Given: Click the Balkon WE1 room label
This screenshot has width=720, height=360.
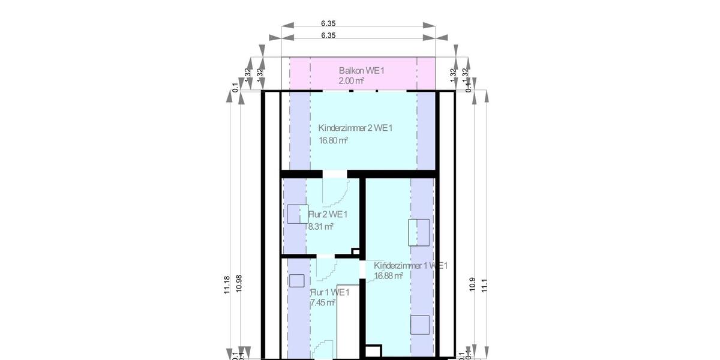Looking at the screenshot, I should point(361,71).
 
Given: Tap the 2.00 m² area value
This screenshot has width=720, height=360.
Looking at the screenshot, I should point(352,80).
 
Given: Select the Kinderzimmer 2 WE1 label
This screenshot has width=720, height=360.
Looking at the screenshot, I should point(355,128).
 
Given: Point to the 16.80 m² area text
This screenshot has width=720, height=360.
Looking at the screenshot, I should point(333,140).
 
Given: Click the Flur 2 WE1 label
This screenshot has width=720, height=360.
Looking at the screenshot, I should point(328,214).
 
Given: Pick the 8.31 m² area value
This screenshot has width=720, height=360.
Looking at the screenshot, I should point(320,227).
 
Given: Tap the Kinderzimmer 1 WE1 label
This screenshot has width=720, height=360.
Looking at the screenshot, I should point(410,265).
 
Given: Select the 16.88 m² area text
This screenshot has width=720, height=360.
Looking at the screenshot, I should point(388,276).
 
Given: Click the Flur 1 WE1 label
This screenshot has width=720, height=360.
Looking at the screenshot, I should point(329,292).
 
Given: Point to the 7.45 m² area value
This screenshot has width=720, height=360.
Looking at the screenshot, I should point(322,303).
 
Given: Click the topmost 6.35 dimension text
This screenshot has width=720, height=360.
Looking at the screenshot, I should point(328,23).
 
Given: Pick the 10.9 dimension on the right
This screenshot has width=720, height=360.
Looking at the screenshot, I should point(472,284).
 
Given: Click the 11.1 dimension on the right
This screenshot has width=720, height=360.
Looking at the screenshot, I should point(484,284).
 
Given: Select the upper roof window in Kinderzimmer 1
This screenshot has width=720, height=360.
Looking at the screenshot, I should point(419,232).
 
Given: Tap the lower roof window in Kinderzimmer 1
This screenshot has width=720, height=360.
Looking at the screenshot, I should point(419,325).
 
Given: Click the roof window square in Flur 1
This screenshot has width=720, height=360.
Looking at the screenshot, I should point(296,281).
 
